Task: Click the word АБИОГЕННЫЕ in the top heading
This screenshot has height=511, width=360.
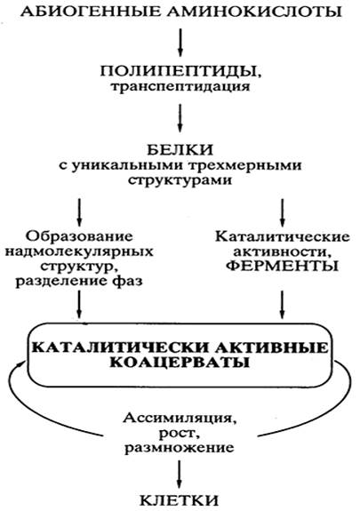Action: (91, 12)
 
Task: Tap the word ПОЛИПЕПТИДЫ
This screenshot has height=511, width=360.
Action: (180, 71)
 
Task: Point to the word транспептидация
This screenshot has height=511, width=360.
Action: (180, 87)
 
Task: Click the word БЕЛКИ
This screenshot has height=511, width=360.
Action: (180, 150)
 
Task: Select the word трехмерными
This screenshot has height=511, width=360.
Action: (245, 166)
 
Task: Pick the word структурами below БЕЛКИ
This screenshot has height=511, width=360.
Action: (180, 180)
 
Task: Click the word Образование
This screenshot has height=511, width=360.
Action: (80, 236)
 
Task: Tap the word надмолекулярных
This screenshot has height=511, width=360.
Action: (80, 252)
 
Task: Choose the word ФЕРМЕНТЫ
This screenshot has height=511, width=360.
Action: (282, 267)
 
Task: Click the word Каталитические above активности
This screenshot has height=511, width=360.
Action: (282, 236)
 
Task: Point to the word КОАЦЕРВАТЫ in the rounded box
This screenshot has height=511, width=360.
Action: (180, 363)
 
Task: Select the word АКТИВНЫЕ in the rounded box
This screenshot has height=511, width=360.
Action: (272, 347)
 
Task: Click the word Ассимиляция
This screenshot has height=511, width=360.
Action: (180, 418)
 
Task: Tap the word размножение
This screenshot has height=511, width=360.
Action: (180, 447)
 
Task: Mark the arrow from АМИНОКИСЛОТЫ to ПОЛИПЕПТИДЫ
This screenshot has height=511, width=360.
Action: (180, 43)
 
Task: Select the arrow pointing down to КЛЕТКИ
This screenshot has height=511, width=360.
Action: (179, 475)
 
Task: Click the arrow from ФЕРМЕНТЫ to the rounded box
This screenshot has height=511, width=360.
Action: (282, 305)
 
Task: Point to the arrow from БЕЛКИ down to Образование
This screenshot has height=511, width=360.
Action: (79, 212)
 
